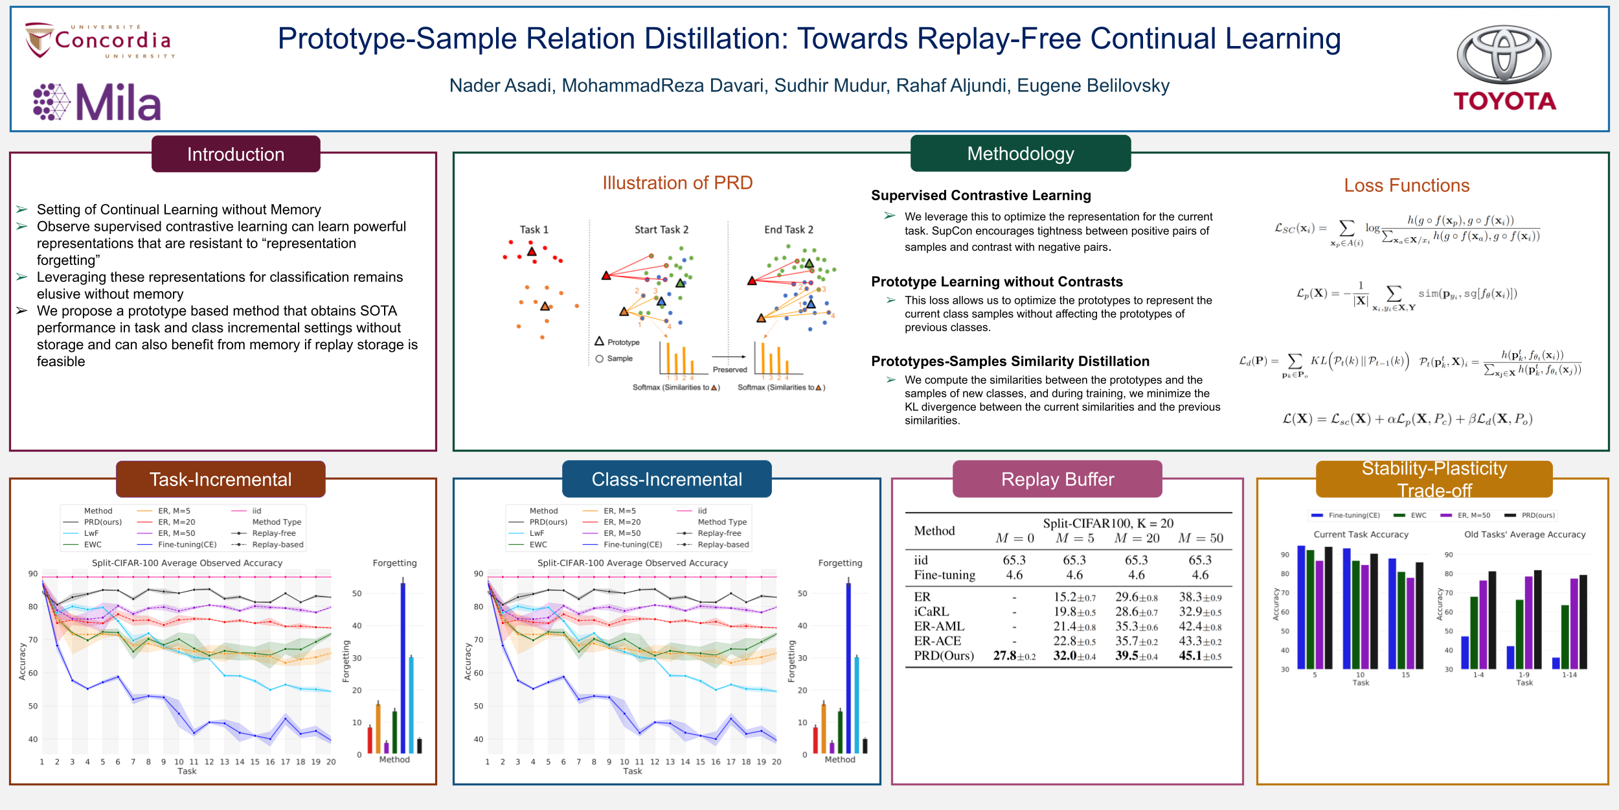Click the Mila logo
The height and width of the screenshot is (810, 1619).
click(x=97, y=102)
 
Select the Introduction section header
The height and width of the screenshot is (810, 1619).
click(x=236, y=154)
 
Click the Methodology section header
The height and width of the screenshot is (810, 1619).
click(x=1020, y=154)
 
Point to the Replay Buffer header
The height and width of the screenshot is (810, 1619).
click(x=1057, y=480)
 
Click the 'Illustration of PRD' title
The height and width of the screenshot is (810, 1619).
click(x=677, y=183)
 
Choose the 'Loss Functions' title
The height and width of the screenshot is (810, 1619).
click(x=1407, y=185)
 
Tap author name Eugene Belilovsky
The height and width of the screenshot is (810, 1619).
click(x=1093, y=86)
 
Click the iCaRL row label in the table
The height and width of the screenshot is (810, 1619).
click(x=931, y=612)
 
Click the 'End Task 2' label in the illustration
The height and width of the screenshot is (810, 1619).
click(x=789, y=229)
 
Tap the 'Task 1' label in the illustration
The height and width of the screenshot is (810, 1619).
click(x=534, y=229)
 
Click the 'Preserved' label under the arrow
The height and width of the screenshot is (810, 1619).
click(x=730, y=369)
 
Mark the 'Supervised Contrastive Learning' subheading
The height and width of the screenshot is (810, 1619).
click(x=980, y=196)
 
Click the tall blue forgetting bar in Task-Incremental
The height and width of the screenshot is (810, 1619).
click(x=403, y=667)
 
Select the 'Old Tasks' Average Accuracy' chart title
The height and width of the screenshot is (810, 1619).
click(x=1524, y=535)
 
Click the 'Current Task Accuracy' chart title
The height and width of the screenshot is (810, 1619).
click(x=1361, y=535)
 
